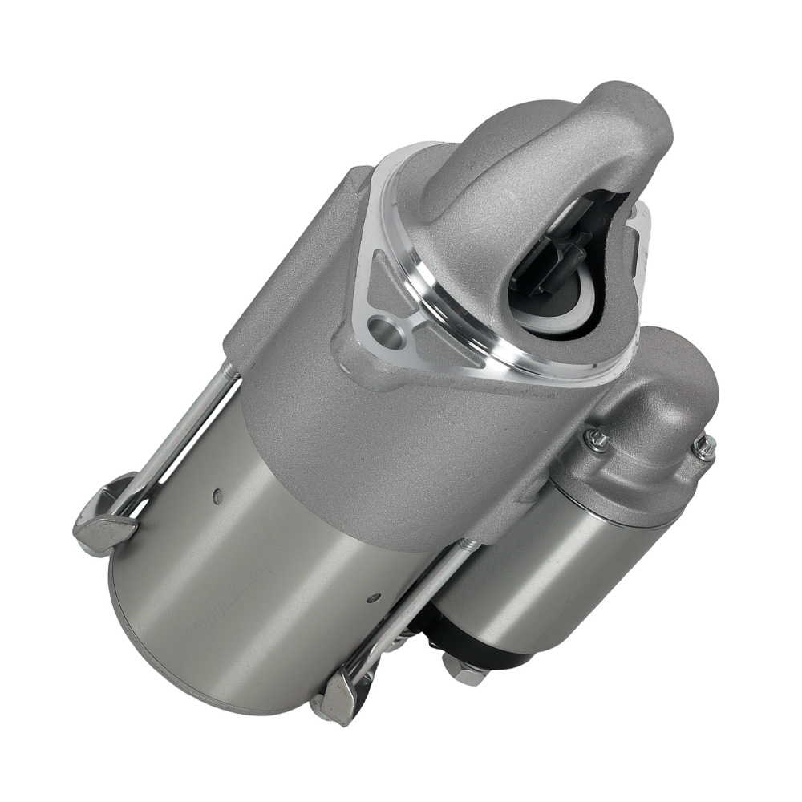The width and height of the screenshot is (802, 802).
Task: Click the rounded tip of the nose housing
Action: (634, 112)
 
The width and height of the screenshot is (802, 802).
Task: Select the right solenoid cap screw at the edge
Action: (705, 448)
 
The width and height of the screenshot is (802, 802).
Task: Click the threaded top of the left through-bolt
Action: (229, 371)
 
